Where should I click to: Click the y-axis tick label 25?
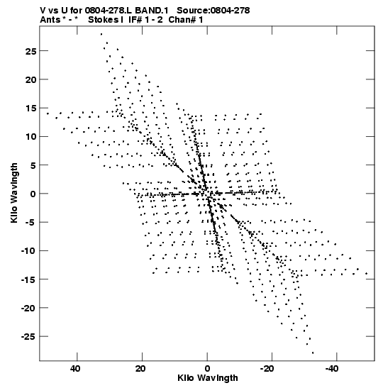click(30, 51)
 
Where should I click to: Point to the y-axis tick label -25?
click(28, 337)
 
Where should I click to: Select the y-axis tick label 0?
click(33, 194)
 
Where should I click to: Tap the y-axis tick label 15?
click(30, 109)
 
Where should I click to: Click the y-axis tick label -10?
click(28, 251)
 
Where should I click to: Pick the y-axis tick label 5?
click(33, 165)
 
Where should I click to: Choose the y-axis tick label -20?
click(28, 309)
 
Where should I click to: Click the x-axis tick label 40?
click(75, 368)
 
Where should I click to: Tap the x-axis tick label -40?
click(331, 368)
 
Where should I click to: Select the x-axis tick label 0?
click(207, 368)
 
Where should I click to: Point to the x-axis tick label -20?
click(267, 368)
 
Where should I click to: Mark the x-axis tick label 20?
click(140, 368)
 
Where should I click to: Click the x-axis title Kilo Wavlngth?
click(208, 378)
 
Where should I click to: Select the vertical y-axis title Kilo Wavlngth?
click(14, 193)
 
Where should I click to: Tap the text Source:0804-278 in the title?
click(213, 11)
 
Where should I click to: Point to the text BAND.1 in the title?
click(152, 11)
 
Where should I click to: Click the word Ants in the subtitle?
click(50, 20)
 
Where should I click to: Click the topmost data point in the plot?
click(101, 34)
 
